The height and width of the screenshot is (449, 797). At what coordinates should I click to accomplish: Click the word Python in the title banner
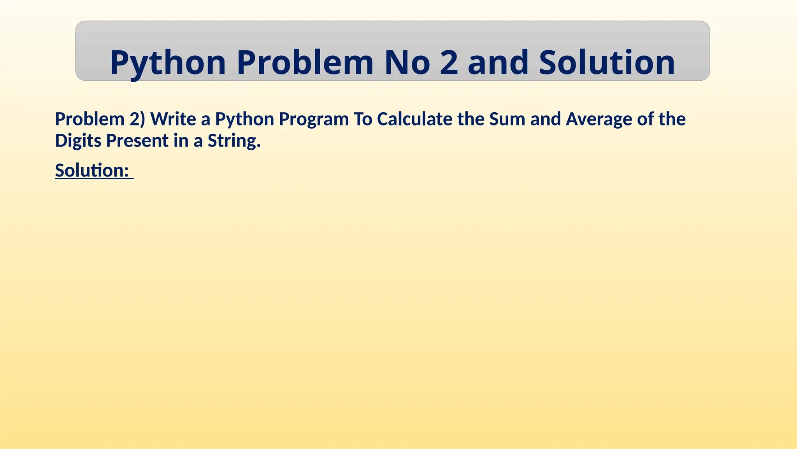point(168,63)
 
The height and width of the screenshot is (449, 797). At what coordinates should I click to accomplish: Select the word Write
point(173,119)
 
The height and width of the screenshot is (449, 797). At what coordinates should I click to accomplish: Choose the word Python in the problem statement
point(245,120)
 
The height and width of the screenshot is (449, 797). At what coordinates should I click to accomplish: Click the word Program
point(314,120)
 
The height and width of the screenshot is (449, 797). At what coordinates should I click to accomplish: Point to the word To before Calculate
point(363,119)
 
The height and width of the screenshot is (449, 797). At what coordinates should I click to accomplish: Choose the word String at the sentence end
point(233,141)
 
